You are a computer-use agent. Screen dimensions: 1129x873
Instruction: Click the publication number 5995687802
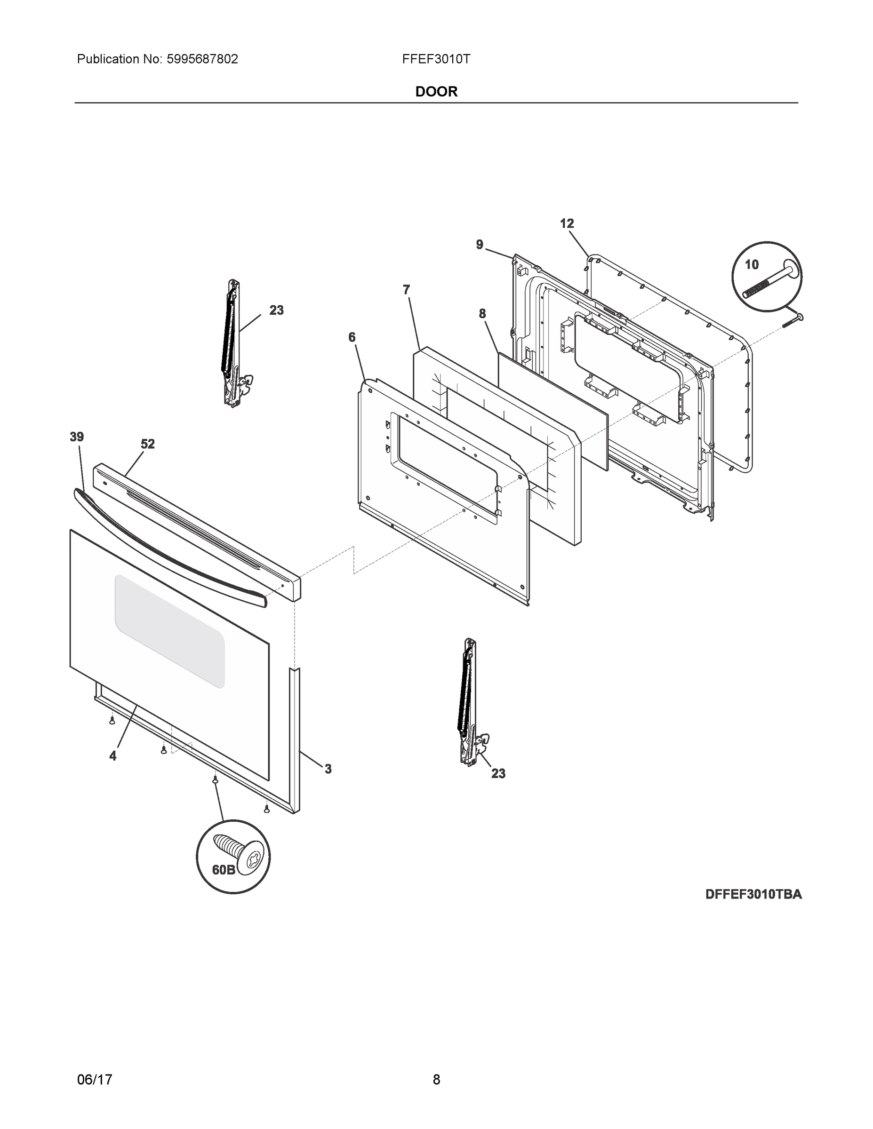click(x=202, y=59)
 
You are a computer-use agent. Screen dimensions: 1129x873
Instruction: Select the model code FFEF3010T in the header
click(x=436, y=59)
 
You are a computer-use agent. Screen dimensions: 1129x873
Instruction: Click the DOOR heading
click(x=436, y=92)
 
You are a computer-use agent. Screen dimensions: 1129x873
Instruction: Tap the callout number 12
click(x=567, y=223)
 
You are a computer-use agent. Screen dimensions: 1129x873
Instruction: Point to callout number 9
click(x=480, y=245)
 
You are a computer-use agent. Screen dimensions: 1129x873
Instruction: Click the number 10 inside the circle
click(x=752, y=265)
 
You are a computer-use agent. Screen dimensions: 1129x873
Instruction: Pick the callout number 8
click(x=482, y=313)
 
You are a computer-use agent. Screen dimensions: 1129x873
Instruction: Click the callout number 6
click(x=352, y=338)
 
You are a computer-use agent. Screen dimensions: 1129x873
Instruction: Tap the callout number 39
click(x=77, y=437)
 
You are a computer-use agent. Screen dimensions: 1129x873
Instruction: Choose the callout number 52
click(x=147, y=444)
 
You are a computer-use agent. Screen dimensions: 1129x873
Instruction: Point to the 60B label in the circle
click(x=224, y=869)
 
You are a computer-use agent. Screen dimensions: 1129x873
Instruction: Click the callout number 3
click(x=328, y=769)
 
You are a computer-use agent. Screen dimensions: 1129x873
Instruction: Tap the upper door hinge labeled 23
click(x=233, y=344)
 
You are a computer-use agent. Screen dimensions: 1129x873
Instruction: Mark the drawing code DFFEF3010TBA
click(x=753, y=894)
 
